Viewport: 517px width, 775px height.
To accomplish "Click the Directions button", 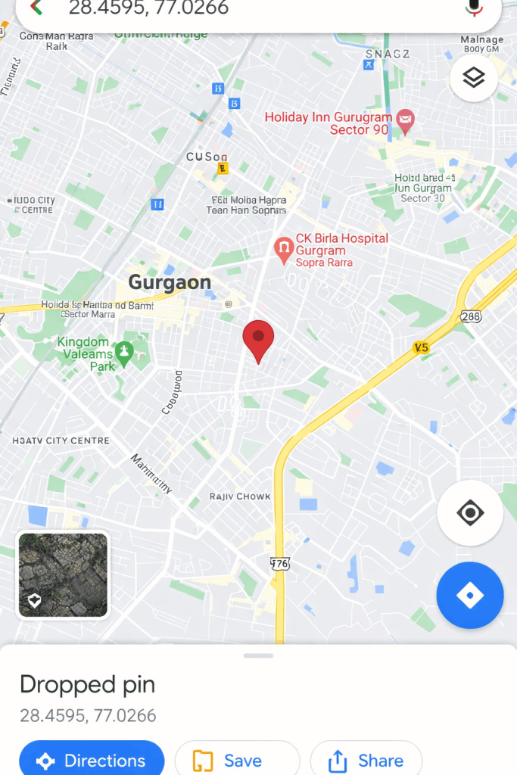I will (x=92, y=760).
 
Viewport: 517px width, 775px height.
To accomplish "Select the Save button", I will (x=237, y=760).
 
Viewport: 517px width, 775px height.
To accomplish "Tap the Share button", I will (x=366, y=760).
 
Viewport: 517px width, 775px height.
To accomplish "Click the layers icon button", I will (x=473, y=77).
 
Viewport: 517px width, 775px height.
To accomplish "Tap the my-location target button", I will (x=470, y=513).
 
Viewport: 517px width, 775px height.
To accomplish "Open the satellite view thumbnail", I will (x=63, y=575).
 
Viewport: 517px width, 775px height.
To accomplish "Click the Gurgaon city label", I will (x=170, y=283).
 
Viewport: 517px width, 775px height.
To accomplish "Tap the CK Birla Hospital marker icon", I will (x=284, y=248).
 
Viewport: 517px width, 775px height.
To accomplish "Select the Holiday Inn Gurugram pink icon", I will (x=406, y=119).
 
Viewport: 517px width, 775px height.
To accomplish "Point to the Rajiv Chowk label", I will (x=240, y=497).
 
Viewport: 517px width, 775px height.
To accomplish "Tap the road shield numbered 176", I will (x=280, y=563).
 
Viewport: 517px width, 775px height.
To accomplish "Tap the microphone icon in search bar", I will (x=475, y=8).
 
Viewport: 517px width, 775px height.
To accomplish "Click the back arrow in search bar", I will (x=35, y=8).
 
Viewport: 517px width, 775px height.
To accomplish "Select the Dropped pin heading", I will (x=87, y=684).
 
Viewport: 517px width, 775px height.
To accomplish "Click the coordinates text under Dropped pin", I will (x=88, y=715).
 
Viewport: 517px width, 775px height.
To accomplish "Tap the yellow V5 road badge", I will (x=421, y=347).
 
